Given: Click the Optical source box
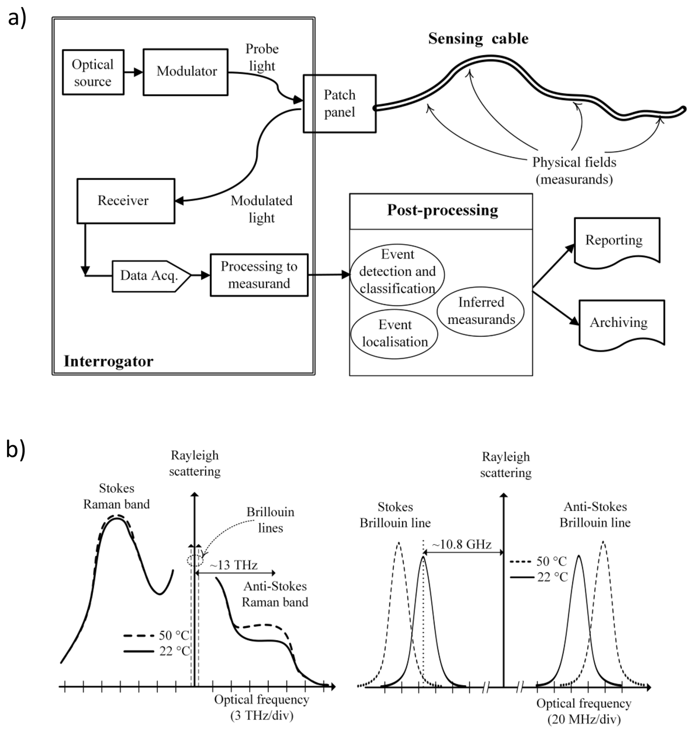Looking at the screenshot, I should point(93,72).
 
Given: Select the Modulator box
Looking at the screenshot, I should point(185,72).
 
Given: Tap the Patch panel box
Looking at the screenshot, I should point(339,104).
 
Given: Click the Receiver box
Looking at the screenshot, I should point(126,201).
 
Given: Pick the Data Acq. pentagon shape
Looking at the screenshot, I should point(150,276).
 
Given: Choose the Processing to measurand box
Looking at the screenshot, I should point(259,275).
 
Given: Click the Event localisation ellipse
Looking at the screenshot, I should point(394,334).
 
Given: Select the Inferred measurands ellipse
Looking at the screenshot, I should point(481,311).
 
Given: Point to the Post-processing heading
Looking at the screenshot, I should point(442,210).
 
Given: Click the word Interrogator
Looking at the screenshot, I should point(108,361).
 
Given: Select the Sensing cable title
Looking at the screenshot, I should point(478,39).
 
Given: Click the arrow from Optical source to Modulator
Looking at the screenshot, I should point(134,72).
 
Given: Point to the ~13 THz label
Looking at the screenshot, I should point(233,565).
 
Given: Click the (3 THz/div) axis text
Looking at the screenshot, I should point(262,716).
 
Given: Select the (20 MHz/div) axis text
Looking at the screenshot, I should point(584,719).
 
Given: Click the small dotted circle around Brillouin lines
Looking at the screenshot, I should point(195,561).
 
